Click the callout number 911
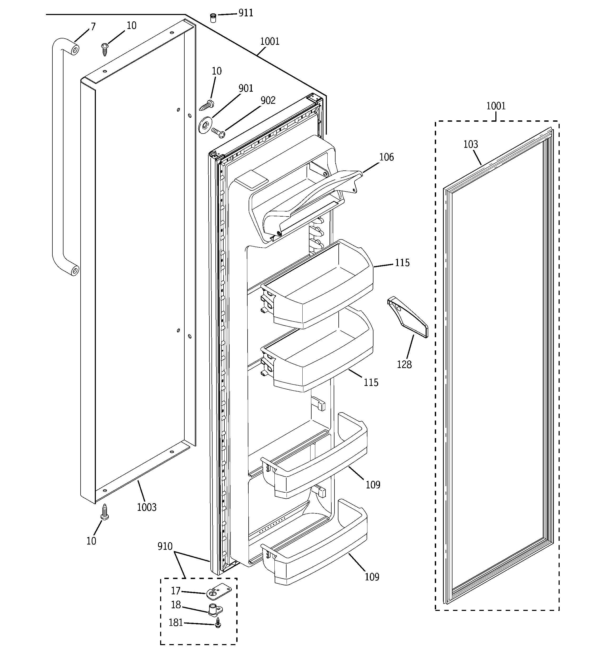tap(246, 13)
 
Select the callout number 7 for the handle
tap(93, 27)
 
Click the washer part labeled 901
tap(205, 125)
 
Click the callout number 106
tap(386, 157)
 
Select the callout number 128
tap(404, 364)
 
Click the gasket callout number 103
tap(471, 144)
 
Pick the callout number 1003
tap(147, 507)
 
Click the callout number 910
tap(165, 546)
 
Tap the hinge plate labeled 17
tap(219, 592)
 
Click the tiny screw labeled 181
tap(218, 623)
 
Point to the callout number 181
tap(176, 622)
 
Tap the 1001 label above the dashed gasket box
tap(496, 106)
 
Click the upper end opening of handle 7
tap(75, 50)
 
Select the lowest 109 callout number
tap(372, 577)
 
